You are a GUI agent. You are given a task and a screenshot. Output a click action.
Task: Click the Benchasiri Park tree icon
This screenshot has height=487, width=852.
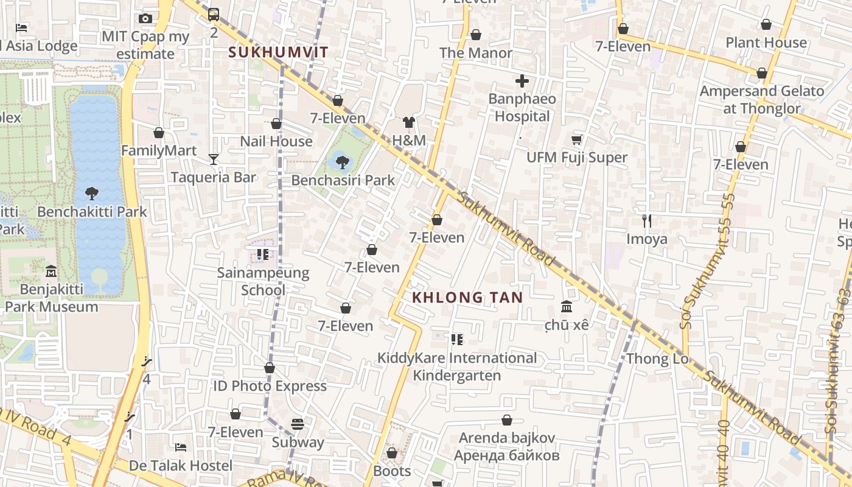point(342,162)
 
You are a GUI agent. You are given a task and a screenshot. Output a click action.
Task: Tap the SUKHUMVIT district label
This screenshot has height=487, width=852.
point(278,52)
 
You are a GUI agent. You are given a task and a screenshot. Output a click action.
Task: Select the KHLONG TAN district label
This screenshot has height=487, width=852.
point(467,298)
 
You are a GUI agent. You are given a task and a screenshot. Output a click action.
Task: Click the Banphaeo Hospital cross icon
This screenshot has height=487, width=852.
point(522,80)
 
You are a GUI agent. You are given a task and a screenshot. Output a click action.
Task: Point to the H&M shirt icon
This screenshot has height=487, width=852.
point(408,122)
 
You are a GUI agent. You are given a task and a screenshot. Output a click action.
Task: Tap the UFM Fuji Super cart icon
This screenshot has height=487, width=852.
point(576,139)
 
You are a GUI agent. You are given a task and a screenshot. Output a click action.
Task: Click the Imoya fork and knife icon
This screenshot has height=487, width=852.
point(647,221)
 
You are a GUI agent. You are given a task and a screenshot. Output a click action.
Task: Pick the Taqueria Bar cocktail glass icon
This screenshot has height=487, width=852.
point(213,159)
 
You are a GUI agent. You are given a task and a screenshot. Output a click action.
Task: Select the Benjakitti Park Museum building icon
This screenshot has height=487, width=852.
point(51,271)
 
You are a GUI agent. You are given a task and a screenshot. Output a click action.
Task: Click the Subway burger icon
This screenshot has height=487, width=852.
point(298,424)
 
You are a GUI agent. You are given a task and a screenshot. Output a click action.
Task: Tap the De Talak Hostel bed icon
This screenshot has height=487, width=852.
point(180,447)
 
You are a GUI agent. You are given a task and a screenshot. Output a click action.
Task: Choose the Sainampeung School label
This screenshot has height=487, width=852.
point(263,281)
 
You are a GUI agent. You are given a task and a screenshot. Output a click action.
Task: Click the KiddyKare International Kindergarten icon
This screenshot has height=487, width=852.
point(456,339)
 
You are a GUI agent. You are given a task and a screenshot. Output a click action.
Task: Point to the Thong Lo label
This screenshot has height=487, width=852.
point(657,359)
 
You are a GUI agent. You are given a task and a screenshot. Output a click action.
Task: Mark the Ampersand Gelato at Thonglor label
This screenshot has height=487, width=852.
point(762,100)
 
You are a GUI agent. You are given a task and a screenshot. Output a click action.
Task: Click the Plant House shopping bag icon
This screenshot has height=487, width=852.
point(766,24)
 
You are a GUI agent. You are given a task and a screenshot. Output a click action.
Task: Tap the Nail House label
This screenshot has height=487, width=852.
point(276,142)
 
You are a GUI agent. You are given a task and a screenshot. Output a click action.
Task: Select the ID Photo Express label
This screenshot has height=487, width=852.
point(270,386)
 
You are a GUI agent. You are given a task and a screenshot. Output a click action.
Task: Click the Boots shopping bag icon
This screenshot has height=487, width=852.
point(392,453)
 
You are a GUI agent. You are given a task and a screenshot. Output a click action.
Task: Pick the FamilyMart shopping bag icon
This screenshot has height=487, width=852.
point(159,133)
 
